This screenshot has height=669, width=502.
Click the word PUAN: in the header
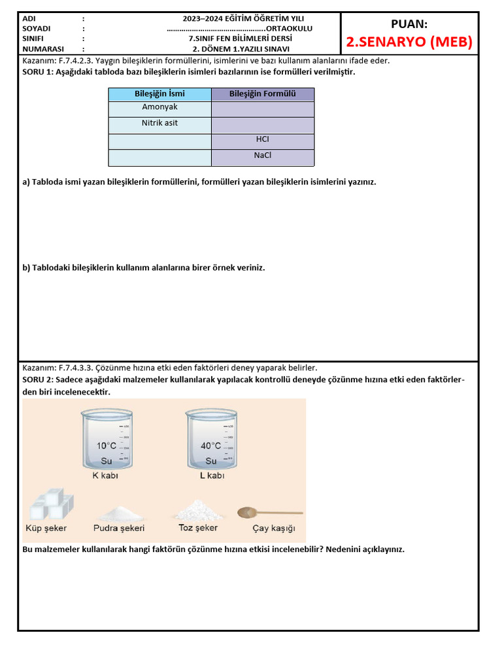(409, 24)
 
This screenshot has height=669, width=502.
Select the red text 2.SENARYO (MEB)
(409, 43)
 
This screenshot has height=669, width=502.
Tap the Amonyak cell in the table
(159, 107)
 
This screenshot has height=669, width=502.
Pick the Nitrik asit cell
(159, 123)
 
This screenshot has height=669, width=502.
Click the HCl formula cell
(262, 140)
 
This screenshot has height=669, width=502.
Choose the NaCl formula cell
(262, 155)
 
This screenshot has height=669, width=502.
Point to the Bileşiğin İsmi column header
(159, 94)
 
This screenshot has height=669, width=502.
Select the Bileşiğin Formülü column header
(262, 94)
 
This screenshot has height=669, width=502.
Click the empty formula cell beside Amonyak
(262, 108)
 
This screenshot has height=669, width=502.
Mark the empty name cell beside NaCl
(159, 157)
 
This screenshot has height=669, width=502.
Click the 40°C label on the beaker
(211, 446)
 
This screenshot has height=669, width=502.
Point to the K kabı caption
(105, 476)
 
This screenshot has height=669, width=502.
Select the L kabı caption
(212, 476)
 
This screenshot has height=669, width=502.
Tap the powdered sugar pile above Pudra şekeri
(120, 512)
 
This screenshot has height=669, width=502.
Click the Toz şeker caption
(198, 527)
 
